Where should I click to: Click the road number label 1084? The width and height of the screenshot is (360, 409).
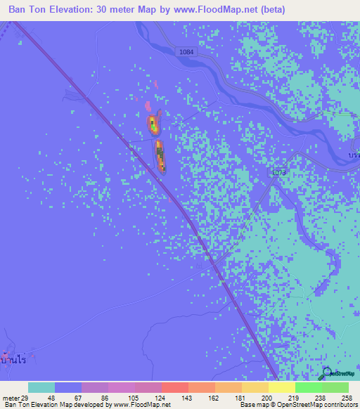pos(186,53)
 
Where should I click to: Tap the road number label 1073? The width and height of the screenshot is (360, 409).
pos(280,171)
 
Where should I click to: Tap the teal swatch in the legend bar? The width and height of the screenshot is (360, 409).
pos(41,387)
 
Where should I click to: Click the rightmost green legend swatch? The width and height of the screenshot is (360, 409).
pos(335,387)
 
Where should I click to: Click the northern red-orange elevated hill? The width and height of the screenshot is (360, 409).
pos(153,125)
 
